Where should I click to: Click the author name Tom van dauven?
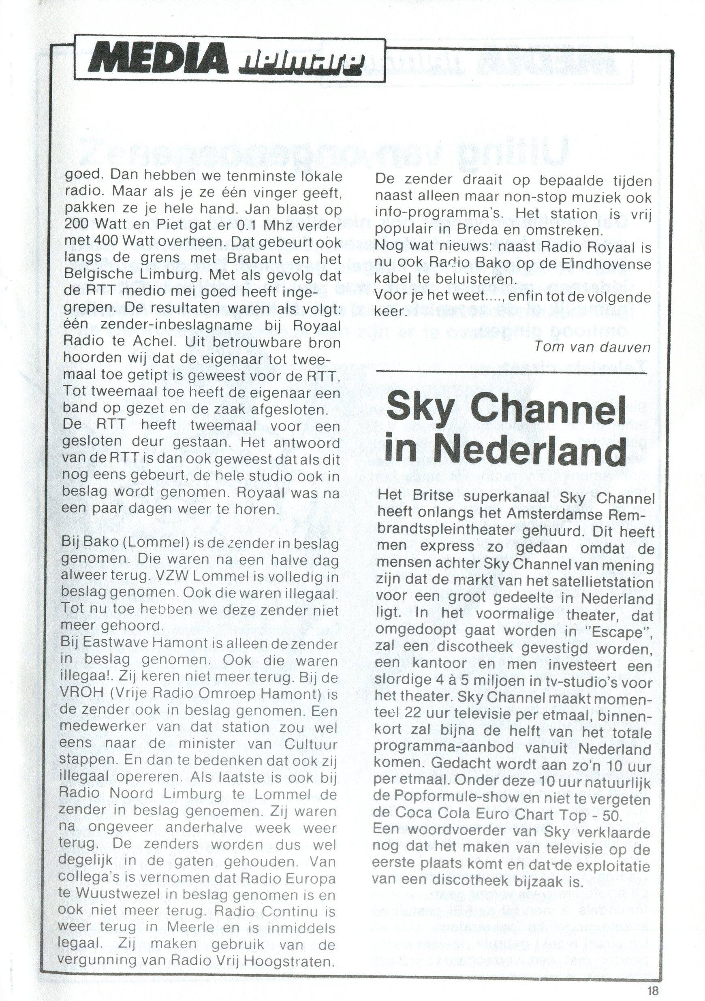coord(592,347)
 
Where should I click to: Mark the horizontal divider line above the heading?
coord(511,372)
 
